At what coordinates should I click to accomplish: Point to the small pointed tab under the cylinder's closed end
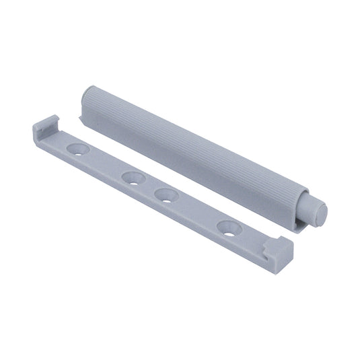[x=80, y=120]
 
